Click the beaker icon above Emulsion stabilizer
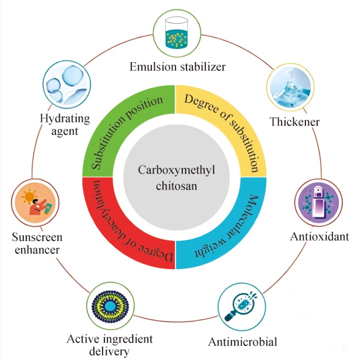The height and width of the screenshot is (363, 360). (x=177, y=32)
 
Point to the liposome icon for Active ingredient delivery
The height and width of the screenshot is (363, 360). (x=110, y=306)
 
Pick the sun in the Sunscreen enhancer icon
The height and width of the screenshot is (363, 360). (x=29, y=197)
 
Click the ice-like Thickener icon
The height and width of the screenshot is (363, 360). (x=290, y=87)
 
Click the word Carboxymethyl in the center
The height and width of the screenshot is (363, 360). (x=177, y=170)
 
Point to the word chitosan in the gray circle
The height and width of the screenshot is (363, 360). (x=177, y=186)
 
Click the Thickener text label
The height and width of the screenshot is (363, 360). (x=295, y=122)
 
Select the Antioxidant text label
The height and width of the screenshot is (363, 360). (x=319, y=237)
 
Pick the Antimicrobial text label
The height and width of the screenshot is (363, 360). (x=243, y=342)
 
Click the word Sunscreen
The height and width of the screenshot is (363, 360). (x=37, y=237)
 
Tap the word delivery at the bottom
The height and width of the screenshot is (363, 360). (x=109, y=352)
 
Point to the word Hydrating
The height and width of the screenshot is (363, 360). (x=65, y=119)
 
